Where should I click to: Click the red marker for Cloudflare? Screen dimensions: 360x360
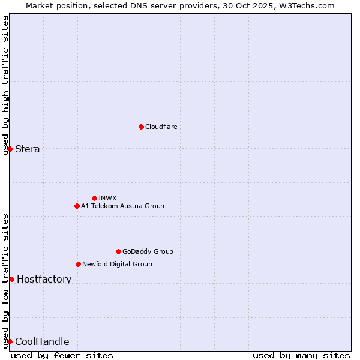[x=141, y=127]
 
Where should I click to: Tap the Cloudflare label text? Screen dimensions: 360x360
[x=161, y=127]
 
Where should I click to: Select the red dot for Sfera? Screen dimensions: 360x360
[x=10, y=149]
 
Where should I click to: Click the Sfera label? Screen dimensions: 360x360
[x=28, y=149]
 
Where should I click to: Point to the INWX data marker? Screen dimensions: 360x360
[x=94, y=198]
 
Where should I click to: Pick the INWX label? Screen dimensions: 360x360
[x=107, y=198]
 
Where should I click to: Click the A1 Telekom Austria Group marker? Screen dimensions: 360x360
[x=77, y=206]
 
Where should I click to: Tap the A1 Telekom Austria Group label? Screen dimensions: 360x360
[x=122, y=206]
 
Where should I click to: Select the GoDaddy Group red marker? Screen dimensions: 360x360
[x=118, y=251]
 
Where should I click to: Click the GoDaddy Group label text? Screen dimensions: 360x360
[x=148, y=251]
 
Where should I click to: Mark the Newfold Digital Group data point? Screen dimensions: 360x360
[x=78, y=264]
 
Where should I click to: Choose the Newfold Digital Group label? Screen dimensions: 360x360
[x=117, y=264]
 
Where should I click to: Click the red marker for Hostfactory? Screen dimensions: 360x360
[x=11, y=279]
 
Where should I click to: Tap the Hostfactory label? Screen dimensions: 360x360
[x=44, y=280]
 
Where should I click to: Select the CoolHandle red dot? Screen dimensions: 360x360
[x=10, y=341]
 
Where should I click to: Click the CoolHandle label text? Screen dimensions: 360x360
[x=42, y=342]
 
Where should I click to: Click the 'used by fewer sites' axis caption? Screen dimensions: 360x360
[x=62, y=355]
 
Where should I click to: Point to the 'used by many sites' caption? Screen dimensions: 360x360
[x=301, y=355]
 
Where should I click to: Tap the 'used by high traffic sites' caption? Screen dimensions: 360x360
[x=5, y=85]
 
